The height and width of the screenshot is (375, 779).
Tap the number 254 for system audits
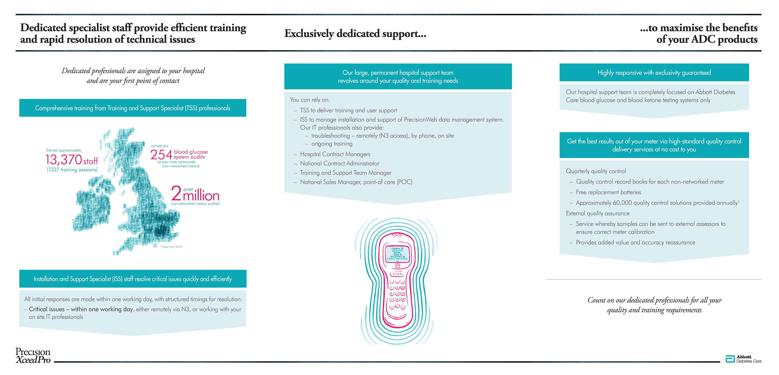point(161,155)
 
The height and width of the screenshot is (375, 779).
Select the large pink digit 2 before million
point(176,193)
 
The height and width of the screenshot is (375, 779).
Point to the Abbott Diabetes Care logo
point(743,359)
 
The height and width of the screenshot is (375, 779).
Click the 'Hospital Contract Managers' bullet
point(335,154)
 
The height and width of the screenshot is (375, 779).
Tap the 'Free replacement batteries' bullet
point(608,192)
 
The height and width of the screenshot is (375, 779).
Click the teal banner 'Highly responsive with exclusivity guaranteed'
point(654,73)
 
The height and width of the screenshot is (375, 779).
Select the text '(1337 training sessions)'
point(72,170)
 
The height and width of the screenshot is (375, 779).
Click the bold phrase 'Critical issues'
point(47,309)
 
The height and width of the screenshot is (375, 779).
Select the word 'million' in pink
point(201,196)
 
